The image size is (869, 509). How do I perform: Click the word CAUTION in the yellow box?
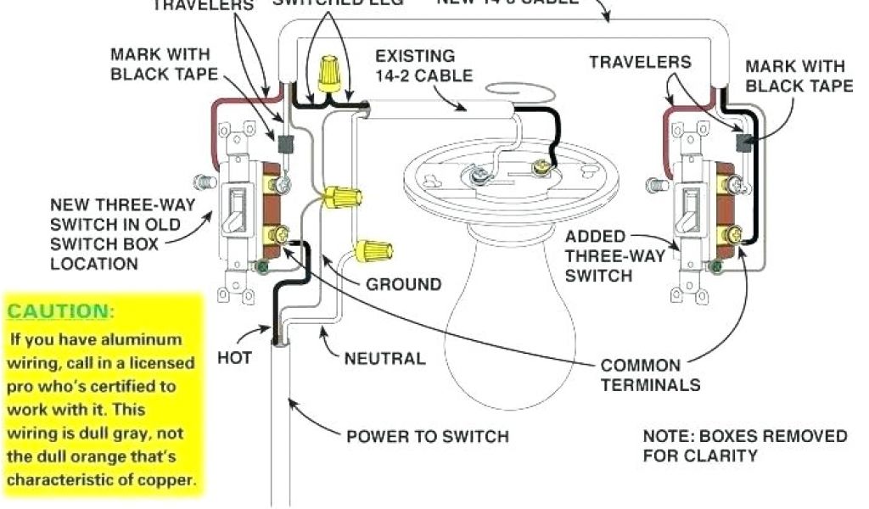click(59, 310)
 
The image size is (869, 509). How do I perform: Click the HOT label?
click(234, 359)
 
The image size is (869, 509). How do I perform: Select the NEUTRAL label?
click(384, 359)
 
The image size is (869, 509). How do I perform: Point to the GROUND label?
click(403, 284)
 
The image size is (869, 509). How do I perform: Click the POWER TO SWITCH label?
click(428, 437)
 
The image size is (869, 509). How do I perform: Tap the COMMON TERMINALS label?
click(650, 376)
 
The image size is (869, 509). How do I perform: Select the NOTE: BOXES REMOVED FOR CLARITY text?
click(744, 445)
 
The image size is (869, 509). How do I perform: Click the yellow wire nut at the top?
click(325, 74)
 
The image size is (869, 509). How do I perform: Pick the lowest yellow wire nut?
click(374, 249)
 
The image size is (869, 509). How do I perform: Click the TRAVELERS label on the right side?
click(640, 62)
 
